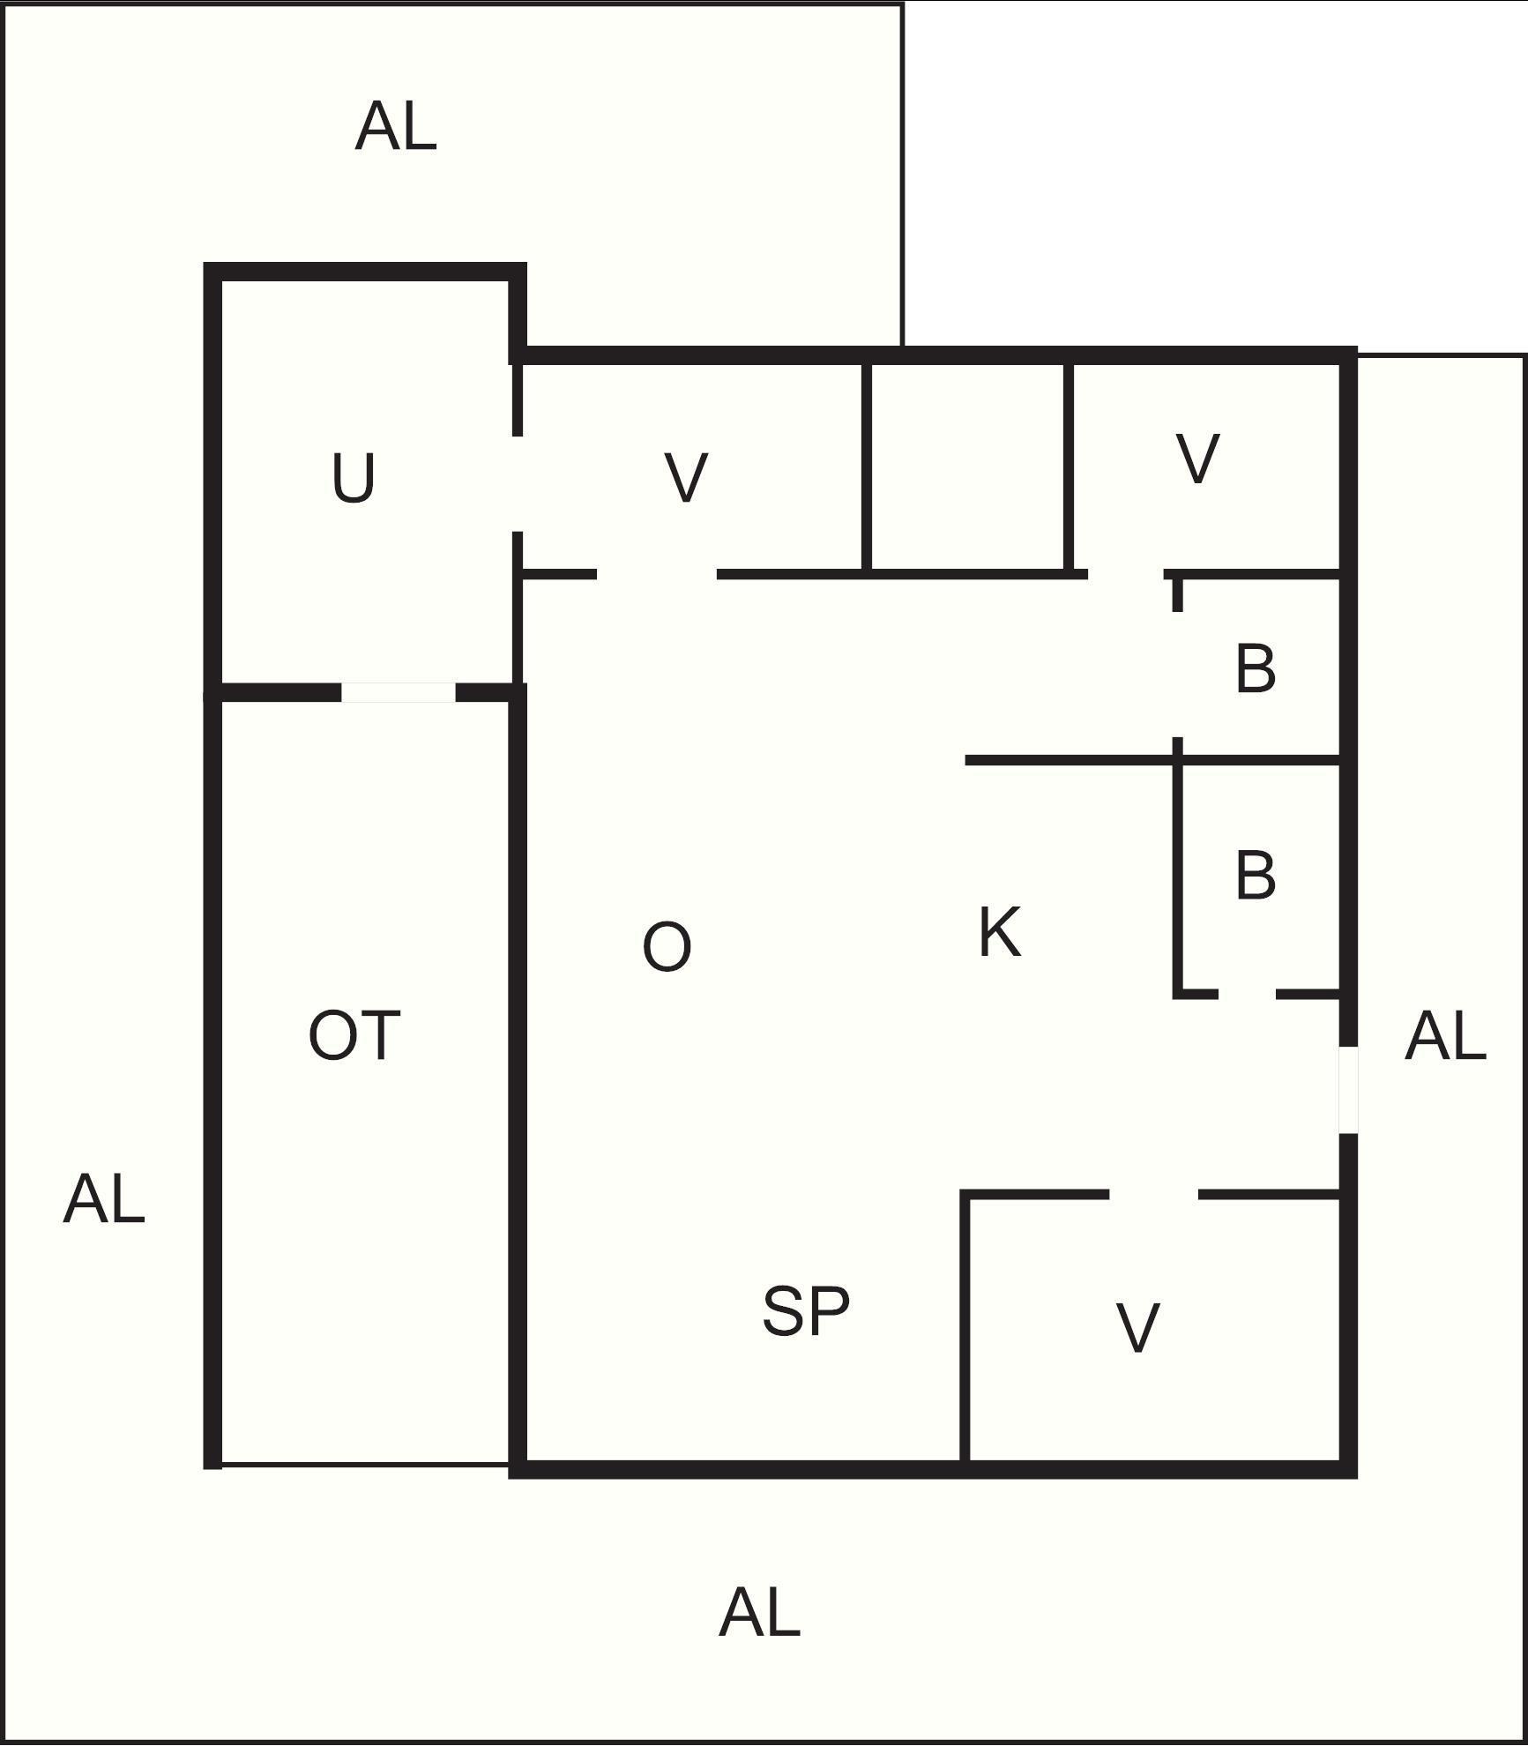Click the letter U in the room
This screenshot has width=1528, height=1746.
[354, 478]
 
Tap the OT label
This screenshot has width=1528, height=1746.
[354, 1035]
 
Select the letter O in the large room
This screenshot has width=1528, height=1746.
[667, 947]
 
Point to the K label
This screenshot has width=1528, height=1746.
[1000, 932]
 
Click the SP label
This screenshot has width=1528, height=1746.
[806, 1311]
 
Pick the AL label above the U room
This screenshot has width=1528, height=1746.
[396, 126]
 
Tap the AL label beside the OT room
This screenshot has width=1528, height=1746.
[104, 1199]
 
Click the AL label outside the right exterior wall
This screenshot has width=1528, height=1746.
[1445, 1036]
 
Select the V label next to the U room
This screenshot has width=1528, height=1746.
[686, 478]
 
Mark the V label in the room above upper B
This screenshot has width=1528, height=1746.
[1197, 459]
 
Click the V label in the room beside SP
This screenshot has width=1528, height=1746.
[1137, 1327]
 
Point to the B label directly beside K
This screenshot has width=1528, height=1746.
[1256, 876]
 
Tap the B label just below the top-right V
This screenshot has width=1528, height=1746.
[1256, 668]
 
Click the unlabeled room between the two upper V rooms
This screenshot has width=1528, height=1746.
[968, 467]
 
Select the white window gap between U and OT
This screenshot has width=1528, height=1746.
[399, 693]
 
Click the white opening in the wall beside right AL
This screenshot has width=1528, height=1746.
[1348, 1090]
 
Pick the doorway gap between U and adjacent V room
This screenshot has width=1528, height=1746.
[518, 483]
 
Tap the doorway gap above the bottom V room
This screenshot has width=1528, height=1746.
[1153, 1195]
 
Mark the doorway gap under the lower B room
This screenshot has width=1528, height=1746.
[1248, 995]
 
